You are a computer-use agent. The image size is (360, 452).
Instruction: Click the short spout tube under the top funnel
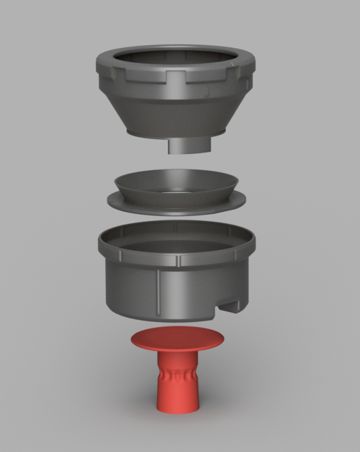(190, 144)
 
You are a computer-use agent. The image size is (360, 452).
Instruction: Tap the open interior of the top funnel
(176, 59)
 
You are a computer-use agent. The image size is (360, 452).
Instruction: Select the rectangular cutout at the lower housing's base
(230, 307)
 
